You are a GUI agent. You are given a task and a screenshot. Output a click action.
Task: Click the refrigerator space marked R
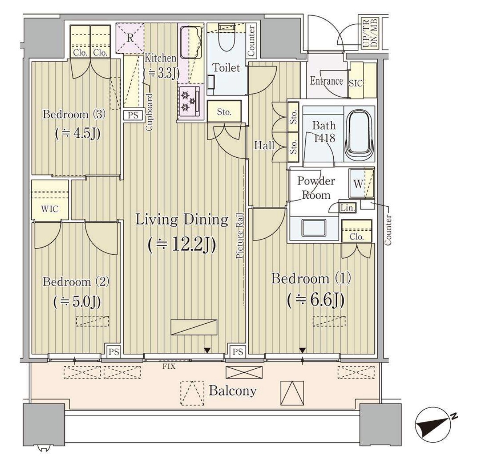pyautogui.click(x=130, y=38)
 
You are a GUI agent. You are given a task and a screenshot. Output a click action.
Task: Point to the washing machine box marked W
pyautogui.click(x=361, y=183)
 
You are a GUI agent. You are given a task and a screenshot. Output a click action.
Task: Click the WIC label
pyautogui.click(x=50, y=209)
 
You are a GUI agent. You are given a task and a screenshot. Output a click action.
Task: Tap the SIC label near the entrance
pyautogui.click(x=356, y=83)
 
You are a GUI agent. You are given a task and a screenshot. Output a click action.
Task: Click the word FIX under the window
pyautogui.click(x=169, y=366)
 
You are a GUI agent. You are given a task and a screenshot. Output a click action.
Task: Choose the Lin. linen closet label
pyautogui.click(x=348, y=208)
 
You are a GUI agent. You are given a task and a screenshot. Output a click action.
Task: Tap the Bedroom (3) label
pyautogui.click(x=74, y=115)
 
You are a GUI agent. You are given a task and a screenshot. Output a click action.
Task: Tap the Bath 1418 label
pyautogui.click(x=324, y=132)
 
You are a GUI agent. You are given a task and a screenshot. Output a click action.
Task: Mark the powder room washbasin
pyautogui.click(x=313, y=228)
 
